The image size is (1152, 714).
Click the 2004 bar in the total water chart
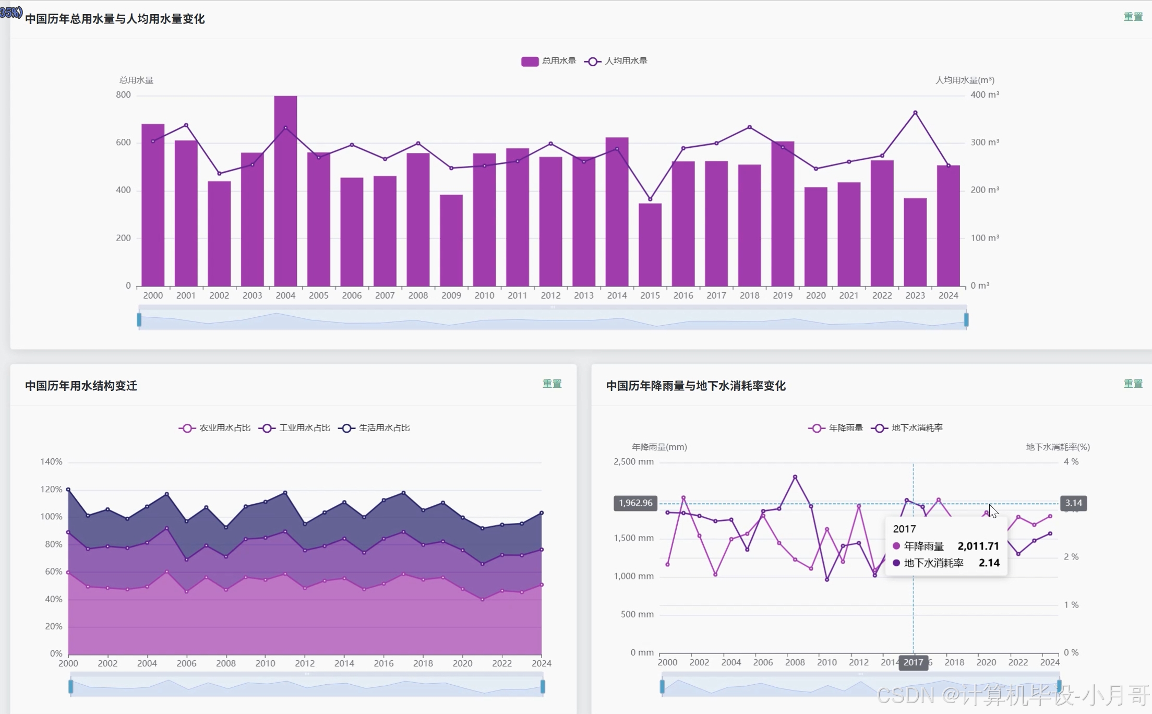[285, 191]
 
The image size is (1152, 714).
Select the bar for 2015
[650, 244]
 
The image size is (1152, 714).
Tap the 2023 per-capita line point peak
[915, 112]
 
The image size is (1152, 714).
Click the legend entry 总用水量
[548, 61]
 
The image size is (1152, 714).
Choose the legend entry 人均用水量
[616, 61]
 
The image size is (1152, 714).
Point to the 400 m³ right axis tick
[985, 94]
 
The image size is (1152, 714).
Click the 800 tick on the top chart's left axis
[124, 94]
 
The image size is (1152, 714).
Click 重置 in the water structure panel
[551, 384]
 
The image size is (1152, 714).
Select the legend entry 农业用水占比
[214, 428]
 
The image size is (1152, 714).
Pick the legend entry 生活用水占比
[374, 428]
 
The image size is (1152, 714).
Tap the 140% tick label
[51, 461]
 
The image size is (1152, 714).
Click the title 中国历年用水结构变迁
[81, 386]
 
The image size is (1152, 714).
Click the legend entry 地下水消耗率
[907, 428]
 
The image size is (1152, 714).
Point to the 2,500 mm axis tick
[633, 461]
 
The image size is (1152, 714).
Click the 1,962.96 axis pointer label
[635, 503]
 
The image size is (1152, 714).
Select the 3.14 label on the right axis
[1073, 503]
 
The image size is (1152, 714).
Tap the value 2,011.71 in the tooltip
[978, 546]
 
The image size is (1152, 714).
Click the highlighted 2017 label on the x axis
[913, 662]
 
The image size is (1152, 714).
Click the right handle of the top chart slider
[966, 319]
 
